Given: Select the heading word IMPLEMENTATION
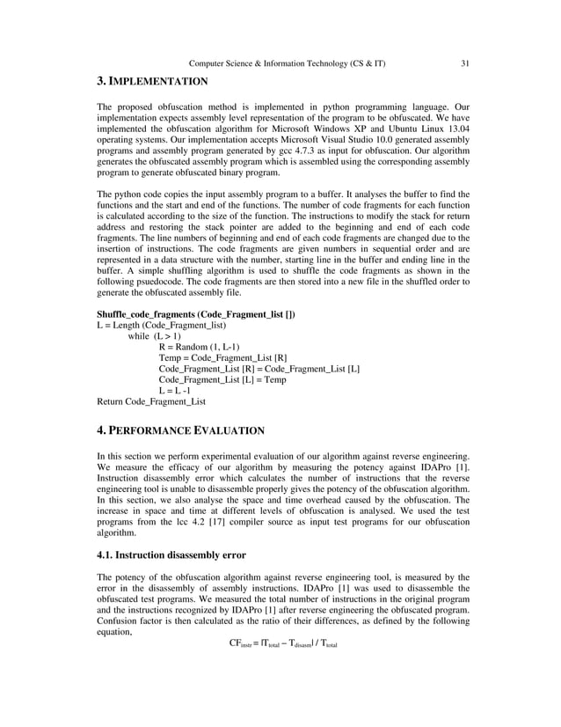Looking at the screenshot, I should [x=158, y=82].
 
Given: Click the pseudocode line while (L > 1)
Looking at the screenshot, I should [x=155, y=336].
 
